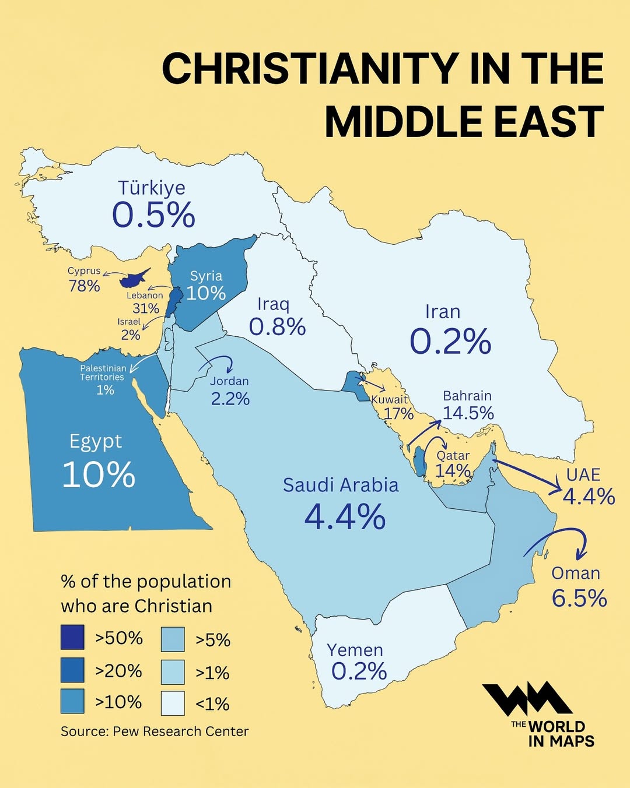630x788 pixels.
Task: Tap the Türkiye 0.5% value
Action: (x=153, y=215)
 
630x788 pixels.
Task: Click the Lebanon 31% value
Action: (x=146, y=308)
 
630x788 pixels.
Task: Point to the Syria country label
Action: (x=206, y=276)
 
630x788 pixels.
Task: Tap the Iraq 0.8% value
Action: (x=277, y=327)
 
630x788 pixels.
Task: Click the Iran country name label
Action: (x=443, y=312)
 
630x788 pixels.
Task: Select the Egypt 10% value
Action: (x=99, y=474)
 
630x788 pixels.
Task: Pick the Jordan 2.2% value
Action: (x=230, y=399)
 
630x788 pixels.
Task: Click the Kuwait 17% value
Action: (x=398, y=414)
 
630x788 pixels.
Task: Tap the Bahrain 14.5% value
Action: (x=468, y=413)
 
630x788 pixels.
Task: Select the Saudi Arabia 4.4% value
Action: (x=345, y=517)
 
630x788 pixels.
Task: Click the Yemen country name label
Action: (x=355, y=650)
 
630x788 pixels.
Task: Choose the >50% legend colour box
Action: (x=72, y=637)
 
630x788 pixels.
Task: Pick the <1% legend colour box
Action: (x=173, y=703)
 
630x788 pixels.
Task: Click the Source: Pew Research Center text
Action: (x=155, y=731)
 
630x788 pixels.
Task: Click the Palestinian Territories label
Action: (x=103, y=372)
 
